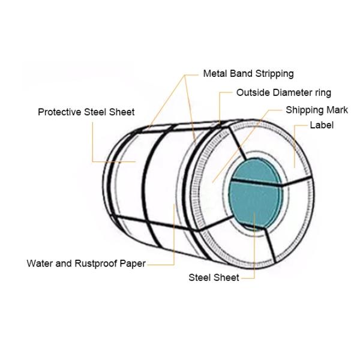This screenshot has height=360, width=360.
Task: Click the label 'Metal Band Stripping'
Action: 248,74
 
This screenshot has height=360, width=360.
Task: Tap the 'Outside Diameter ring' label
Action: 283,92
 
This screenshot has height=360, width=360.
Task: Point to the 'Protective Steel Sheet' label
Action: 86,112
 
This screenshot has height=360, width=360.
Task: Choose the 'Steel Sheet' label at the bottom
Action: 214,277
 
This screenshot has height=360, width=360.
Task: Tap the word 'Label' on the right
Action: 321,125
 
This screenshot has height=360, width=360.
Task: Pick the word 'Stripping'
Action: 273,74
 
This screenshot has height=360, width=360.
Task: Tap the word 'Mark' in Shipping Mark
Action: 337,110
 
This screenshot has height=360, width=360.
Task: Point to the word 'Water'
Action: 40,263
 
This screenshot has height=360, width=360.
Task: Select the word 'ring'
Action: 322,92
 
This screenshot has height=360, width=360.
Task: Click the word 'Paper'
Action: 133,263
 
